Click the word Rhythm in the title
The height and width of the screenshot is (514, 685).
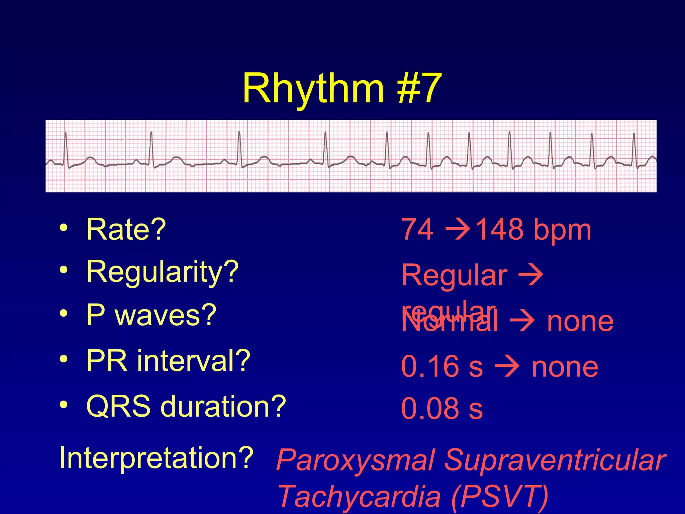click(313, 89)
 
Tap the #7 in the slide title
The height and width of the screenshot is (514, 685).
click(419, 89)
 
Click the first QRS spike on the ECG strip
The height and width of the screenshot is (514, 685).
click(66, 147)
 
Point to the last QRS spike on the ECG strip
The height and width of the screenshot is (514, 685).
click(634, 147)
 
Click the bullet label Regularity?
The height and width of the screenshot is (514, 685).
click(163, 272)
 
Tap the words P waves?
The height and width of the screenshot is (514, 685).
click(151, 315)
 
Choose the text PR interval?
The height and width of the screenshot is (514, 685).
click(168, 361)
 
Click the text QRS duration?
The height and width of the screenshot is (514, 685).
click(186, 406)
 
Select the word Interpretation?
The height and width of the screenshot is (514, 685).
click(156, 458)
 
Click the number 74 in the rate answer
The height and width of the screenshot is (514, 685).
click(417, 230)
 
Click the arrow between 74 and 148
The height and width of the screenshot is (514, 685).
click(458, 230)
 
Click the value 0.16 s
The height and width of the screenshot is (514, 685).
click(442, 367)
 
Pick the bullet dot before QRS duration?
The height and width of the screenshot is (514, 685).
click(64, 405)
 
